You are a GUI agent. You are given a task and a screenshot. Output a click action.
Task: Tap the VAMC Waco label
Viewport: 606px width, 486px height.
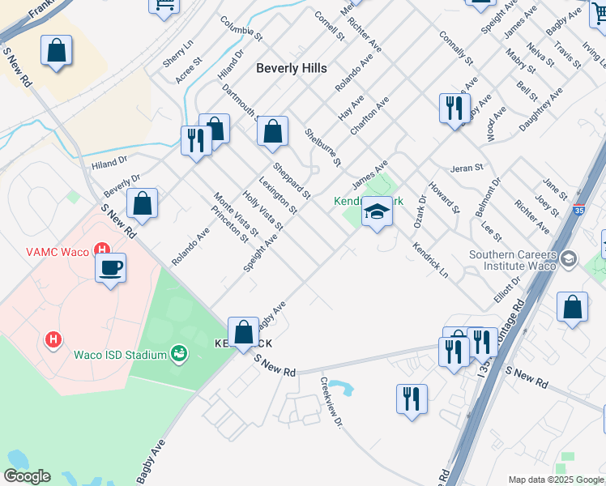(62, 249)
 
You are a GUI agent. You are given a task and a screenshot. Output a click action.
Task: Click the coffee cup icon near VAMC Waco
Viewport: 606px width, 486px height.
(110, 267)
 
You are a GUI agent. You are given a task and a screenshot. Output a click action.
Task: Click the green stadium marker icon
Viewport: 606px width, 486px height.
(178, 353)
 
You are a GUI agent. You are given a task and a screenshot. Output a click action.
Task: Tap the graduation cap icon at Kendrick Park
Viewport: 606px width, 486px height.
(376, 213)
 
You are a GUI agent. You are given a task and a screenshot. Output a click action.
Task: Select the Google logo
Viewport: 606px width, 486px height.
(26, 476)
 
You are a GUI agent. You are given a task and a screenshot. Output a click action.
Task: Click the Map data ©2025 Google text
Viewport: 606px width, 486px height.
(555, 480)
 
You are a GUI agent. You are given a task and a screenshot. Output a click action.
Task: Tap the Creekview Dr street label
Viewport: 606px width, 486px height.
(331, 402)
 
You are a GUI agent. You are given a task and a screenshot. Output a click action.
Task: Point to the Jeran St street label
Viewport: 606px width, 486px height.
(467, 168)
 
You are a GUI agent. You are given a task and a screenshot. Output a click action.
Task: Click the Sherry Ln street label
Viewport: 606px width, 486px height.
(179, 53)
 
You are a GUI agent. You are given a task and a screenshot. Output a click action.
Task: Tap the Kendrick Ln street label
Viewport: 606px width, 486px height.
(429, 259)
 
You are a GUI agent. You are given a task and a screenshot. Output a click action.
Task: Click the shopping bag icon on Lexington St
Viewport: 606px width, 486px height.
(273, 132)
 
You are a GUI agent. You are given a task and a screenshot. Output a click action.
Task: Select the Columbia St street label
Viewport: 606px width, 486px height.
(241, 29)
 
